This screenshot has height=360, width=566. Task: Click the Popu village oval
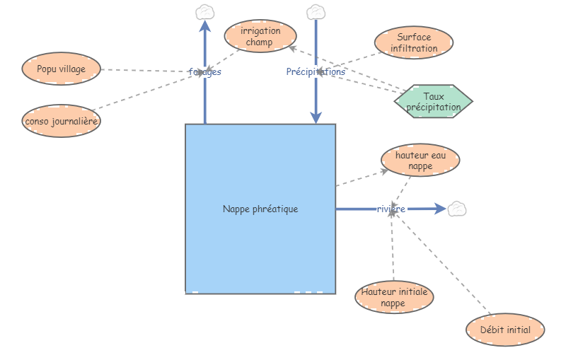click(61, 69)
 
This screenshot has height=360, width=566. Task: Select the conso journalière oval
click(61, 121)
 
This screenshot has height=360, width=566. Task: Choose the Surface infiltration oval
click(414, 43)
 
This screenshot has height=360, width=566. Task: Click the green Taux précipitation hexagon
click(433, 102)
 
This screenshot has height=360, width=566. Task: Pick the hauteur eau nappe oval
click(420, 161)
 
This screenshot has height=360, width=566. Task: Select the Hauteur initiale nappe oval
click(393, 297)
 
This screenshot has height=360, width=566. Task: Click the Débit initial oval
click(505, 330)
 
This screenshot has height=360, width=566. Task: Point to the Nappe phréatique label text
click(260, 209)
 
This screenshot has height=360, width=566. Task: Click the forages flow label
click(205, 71)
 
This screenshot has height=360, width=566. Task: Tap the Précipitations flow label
click(316, 71)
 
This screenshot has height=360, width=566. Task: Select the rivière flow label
click(391, 209)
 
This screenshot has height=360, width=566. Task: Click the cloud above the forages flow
click(205, 11)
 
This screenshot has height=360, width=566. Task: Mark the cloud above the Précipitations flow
click(316, 11)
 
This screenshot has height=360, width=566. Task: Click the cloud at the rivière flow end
click(458, 209)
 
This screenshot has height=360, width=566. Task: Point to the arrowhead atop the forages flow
click(205, 26)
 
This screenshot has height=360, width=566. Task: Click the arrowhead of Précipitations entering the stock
click(316, 117)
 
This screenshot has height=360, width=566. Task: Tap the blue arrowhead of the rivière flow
click(439, 209)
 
